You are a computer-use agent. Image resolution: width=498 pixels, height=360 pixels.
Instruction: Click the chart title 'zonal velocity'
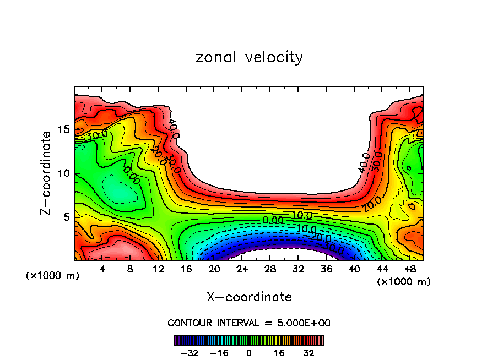(249, 57)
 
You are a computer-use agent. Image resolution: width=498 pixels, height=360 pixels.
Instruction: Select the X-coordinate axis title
(249, 297)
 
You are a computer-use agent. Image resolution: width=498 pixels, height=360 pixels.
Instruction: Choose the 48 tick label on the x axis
(409, 269)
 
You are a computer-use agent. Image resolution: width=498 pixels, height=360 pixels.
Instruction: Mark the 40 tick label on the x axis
(353, 269)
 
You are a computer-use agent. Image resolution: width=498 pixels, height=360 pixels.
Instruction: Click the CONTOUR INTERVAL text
(249, 323)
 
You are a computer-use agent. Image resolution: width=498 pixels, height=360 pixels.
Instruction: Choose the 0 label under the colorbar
(249, 352)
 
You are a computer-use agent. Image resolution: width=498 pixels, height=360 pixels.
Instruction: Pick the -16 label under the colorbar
(219, 352)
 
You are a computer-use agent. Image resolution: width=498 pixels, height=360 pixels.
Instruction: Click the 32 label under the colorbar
(308, 352)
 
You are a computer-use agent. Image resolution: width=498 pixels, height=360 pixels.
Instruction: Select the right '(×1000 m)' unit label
(404, 282)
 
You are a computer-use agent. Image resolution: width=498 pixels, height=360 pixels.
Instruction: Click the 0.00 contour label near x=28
(273, 220)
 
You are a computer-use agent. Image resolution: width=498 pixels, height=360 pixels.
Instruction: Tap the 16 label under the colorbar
(279, 352)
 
